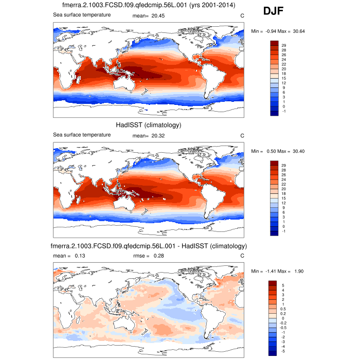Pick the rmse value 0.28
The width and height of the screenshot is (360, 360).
(x=164, y=256)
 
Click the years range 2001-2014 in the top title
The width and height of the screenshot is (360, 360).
(x=216, y=6)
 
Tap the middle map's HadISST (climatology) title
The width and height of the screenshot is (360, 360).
(x=149, y=125)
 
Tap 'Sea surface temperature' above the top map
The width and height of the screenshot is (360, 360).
(x=82, y=15)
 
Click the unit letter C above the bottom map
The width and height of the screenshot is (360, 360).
(x=242, y=256)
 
